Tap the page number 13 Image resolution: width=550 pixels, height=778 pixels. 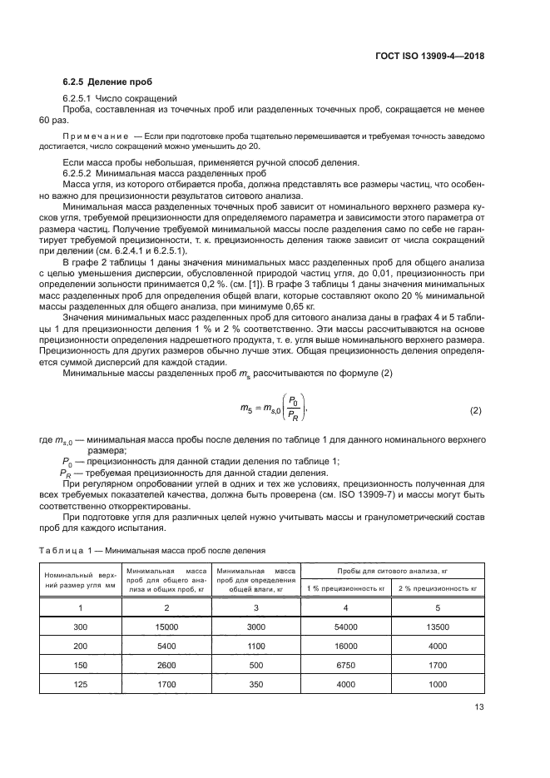478,708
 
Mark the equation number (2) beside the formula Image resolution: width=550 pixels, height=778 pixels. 476,410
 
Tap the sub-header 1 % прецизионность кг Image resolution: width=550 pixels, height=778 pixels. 346,588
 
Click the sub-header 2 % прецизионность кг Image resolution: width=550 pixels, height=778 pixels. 438,588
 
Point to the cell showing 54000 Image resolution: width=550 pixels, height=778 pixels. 346,627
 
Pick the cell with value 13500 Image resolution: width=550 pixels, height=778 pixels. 438,627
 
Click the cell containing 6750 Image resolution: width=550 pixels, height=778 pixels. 346,665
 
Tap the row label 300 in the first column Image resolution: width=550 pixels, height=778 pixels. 80,627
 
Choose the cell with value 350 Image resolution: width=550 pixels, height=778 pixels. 256,684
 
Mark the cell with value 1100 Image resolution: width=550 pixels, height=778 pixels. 256,646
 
